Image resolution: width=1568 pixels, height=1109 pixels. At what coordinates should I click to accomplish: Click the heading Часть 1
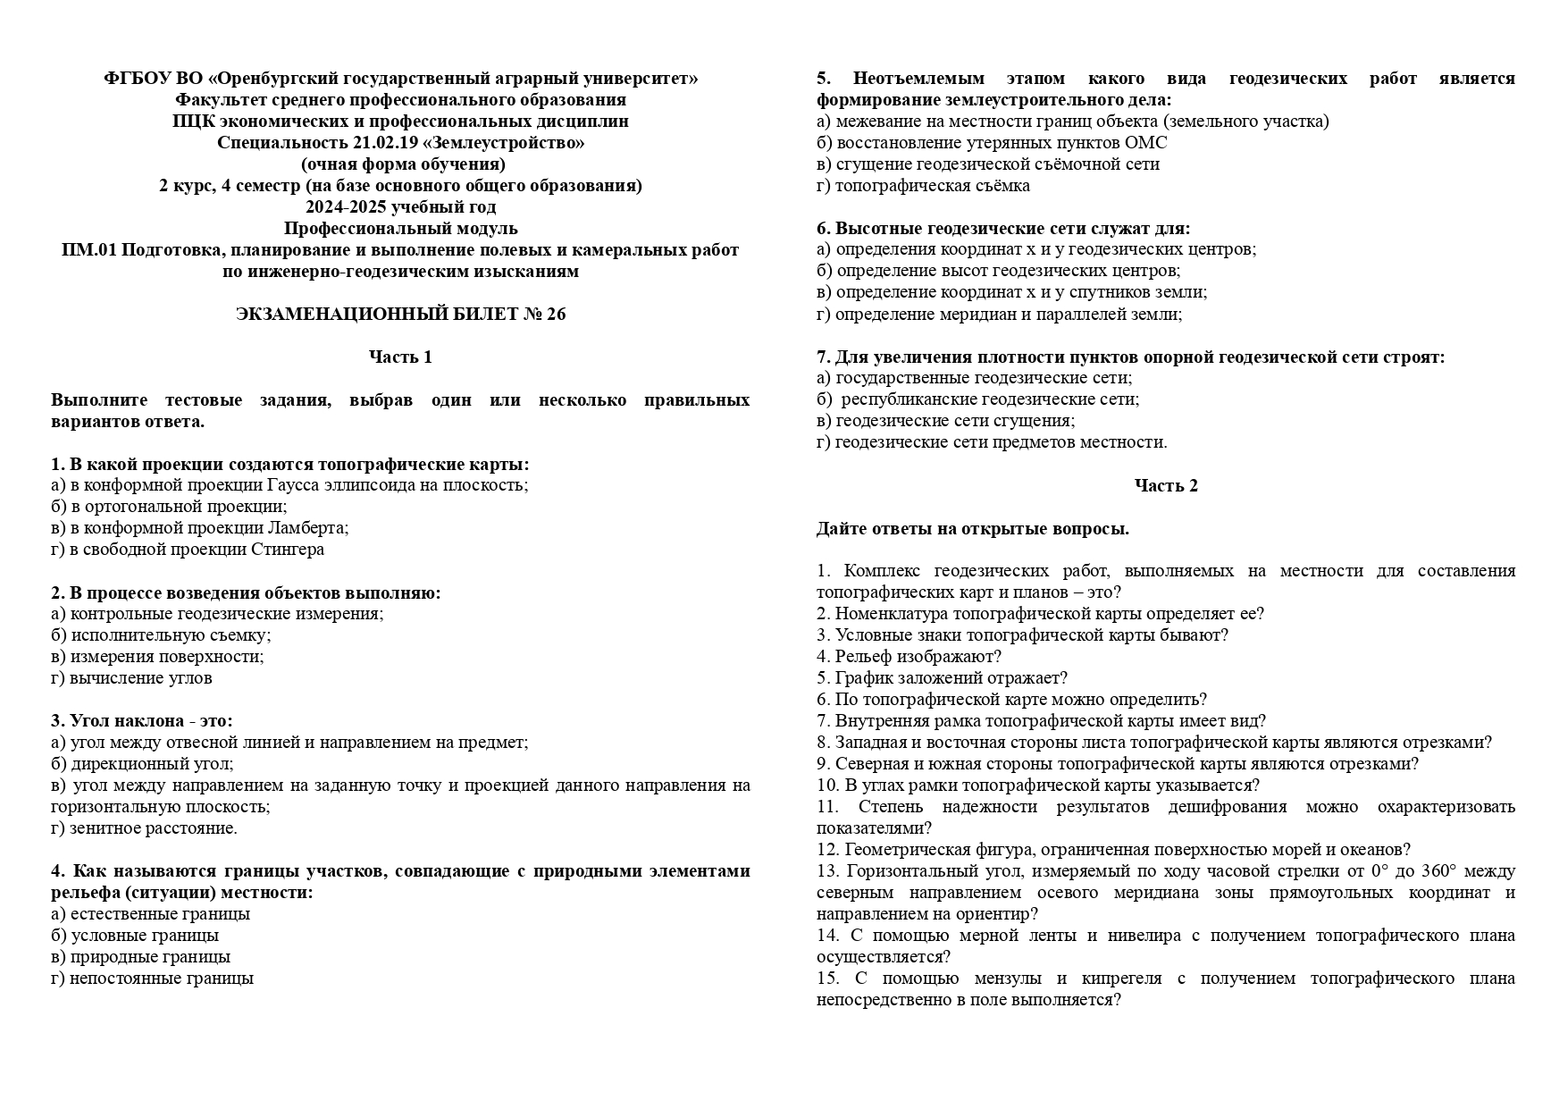coord(400,357)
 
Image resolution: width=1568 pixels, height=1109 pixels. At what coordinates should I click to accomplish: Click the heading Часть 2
coord(1165,486)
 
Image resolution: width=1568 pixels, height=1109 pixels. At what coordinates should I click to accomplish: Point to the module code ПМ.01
coord(89,250)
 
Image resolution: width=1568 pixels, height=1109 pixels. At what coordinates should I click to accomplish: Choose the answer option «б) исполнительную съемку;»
coord(161,635)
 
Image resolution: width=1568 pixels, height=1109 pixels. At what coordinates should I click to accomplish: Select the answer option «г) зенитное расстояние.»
coord(144,828)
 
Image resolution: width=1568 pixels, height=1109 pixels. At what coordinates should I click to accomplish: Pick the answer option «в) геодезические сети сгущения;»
coord(945,421)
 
